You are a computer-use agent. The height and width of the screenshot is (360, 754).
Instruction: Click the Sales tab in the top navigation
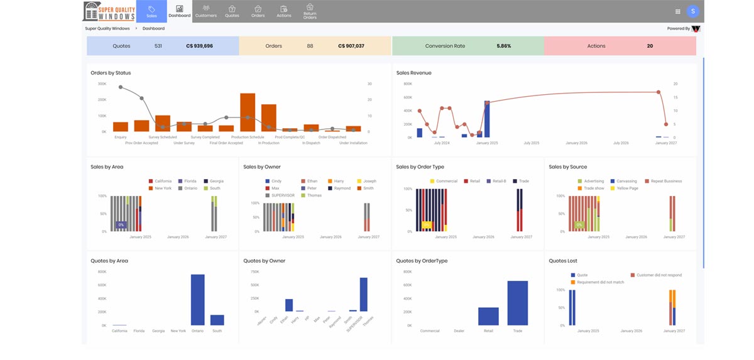[151, 11]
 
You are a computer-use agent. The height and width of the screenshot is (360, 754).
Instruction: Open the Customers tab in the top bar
[206, 11]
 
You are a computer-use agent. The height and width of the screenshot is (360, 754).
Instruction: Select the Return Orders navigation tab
[310, 11]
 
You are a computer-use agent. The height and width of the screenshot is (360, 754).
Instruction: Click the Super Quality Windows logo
[109, 11]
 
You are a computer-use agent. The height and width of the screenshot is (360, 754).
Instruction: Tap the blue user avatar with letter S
[693, 11]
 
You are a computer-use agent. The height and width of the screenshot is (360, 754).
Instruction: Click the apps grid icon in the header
[677, 11]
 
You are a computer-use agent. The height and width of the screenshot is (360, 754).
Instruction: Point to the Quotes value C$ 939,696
[199, 46]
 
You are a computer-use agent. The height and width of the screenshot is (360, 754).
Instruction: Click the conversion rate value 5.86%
[503, 46]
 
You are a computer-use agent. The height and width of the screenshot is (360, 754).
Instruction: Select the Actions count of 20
[650, 46]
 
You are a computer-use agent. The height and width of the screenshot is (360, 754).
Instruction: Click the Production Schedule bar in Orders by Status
[248, 112]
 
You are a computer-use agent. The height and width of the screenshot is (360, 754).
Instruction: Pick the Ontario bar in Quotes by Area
[198, 300]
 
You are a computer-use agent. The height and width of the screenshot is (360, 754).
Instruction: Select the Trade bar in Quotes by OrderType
[518, 303]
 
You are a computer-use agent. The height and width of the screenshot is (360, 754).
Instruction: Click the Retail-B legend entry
[499, 181]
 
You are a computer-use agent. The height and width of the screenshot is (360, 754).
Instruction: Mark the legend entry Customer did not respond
[658, 275]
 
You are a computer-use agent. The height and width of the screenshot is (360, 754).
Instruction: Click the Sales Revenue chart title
[413, 73]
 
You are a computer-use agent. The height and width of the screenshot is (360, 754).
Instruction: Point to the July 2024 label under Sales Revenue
[442, 143]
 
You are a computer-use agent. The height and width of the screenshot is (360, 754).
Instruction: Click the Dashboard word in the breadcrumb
[153, 29]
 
